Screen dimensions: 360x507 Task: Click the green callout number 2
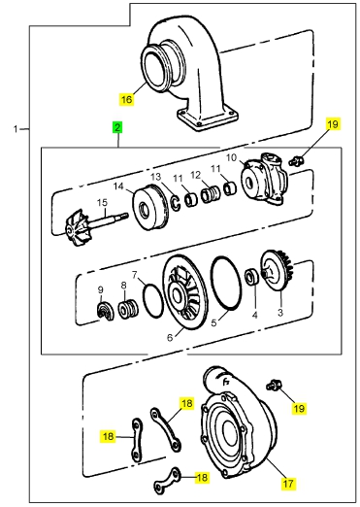coord(117,127)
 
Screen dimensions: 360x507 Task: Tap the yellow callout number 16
coord(126,99)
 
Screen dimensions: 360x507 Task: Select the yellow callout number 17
coord(288,484)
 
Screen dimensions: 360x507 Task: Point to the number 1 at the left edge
coord(16,129)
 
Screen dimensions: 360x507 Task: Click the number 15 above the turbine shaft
coord(102,203)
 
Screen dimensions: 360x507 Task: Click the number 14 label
coord(118,186)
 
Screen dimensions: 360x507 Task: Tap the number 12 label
coord(196,175)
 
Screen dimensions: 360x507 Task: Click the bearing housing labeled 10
coord(264,179)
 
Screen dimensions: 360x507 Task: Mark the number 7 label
coord(135,275)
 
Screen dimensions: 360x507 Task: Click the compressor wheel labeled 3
coord(278,271)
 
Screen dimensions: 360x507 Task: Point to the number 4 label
coord(255,315)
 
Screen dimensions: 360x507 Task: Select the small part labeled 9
coord(106,311)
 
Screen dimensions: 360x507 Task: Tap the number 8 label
coord(123,286)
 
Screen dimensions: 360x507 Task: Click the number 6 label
coord(170,338)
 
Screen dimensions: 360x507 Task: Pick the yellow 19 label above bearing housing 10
coord(333,123)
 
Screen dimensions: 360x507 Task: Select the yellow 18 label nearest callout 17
coord(202,477)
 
